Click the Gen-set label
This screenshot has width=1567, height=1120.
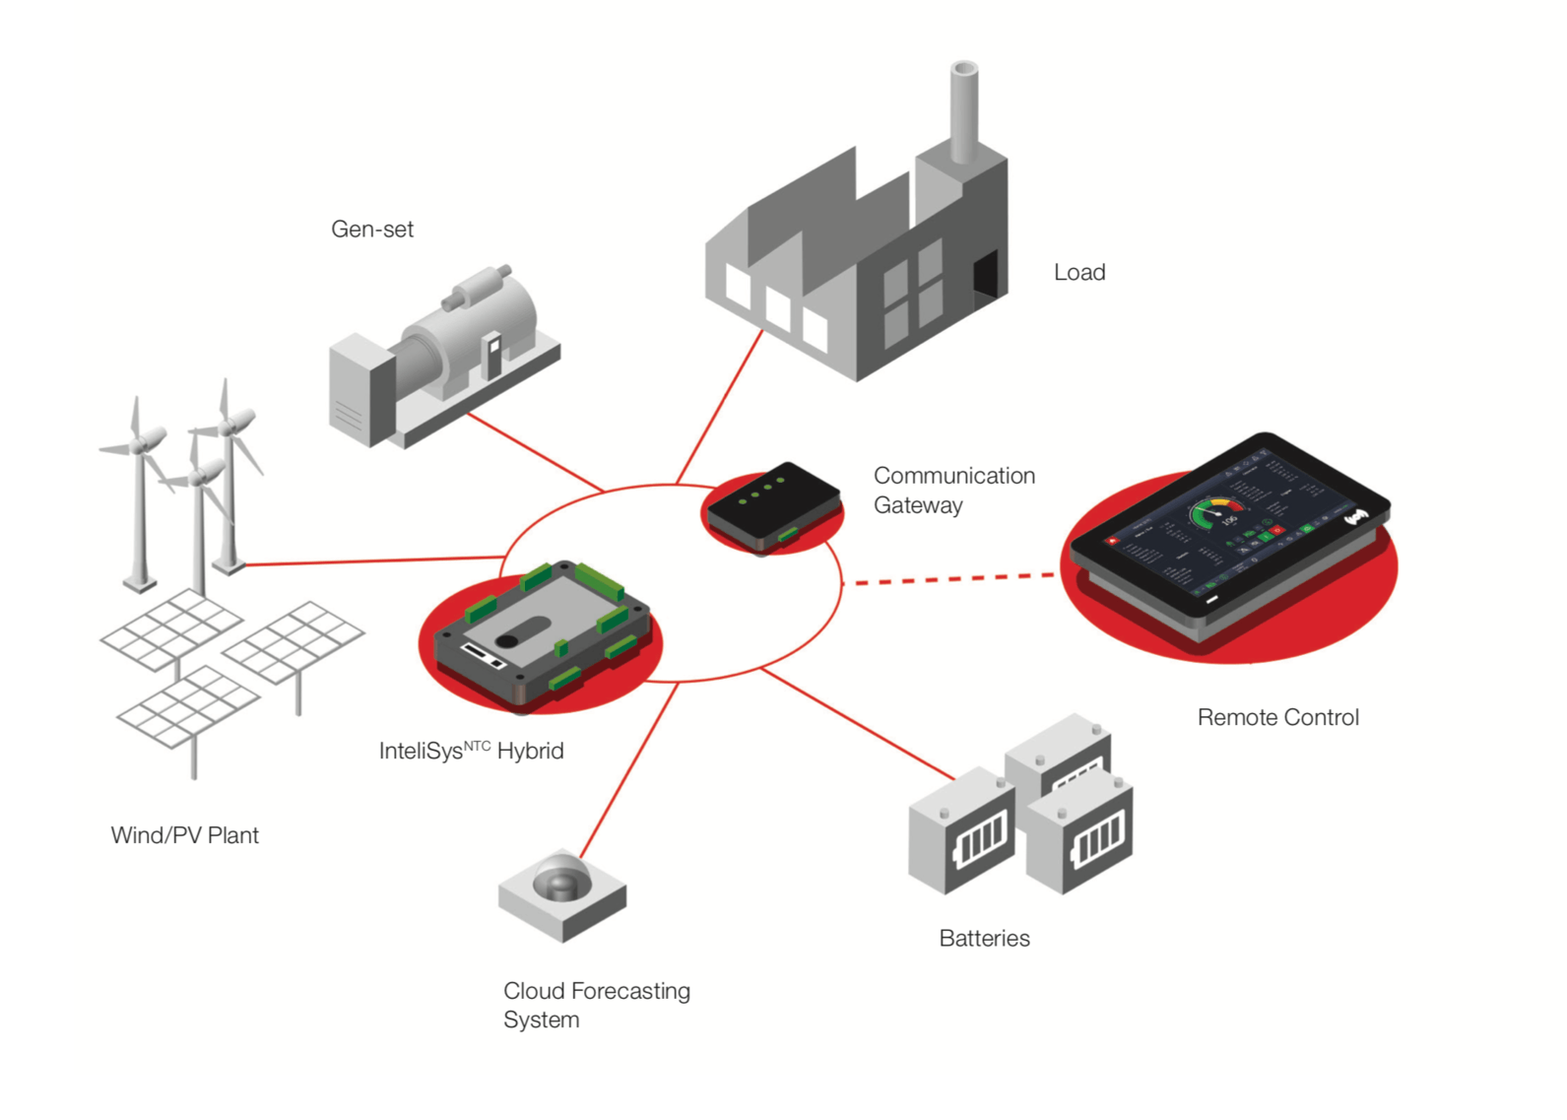pyautogui.click(x=371, y=230)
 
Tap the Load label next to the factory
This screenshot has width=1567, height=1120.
pyautogui.click(x=1079, y=273)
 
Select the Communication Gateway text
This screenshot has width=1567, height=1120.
pyautogui.click(x=952, y=491)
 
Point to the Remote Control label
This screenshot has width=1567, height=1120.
pyautogui.click(x=1277, y=718)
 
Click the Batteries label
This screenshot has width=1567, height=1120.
pyautogui.click(x=984, y=939)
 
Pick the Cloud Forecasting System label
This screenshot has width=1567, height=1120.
pyautogui.click(x=595, y=1005)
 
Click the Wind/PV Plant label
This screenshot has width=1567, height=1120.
pyautogui.click(x=184, y=835)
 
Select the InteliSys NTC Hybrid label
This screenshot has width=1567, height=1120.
pyautogui.click(x=471, y=752)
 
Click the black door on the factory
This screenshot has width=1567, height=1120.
pyautogui.click(x=985, y=273)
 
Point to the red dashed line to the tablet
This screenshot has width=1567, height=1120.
pyautogui.click(x=950, y=579)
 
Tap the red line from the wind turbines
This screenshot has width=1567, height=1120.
pyautogui.click(x=374, y=561)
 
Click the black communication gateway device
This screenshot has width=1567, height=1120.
pyautogui.click(x=774, y=504)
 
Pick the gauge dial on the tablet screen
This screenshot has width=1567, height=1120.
pyautogui.click(x=1217, y=512)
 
